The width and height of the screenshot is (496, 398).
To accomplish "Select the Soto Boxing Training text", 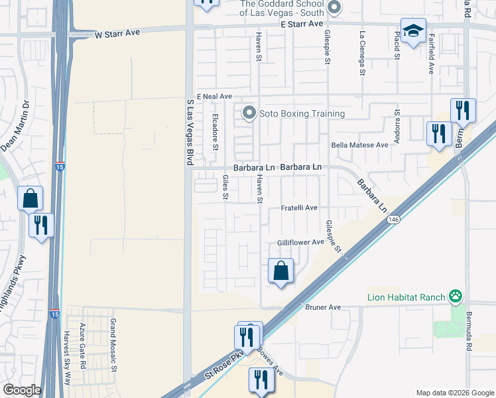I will coord(302,113).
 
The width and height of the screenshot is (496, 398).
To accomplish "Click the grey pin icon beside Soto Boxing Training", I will coord(249,113).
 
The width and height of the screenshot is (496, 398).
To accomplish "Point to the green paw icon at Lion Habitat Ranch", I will coord(456,296).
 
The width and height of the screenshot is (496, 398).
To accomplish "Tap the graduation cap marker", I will coord(413,31).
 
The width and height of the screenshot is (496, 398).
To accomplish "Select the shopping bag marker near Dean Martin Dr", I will coord(31,198).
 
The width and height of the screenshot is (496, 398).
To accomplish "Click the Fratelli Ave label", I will coord(299,208).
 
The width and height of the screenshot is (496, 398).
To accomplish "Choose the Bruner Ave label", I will coord(323,307).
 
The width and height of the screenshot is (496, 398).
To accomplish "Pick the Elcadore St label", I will coord(214,131).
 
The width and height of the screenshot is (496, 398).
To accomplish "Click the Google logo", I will coord(22,390).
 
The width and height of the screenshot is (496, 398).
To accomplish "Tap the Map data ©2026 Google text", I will coord(454,391).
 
